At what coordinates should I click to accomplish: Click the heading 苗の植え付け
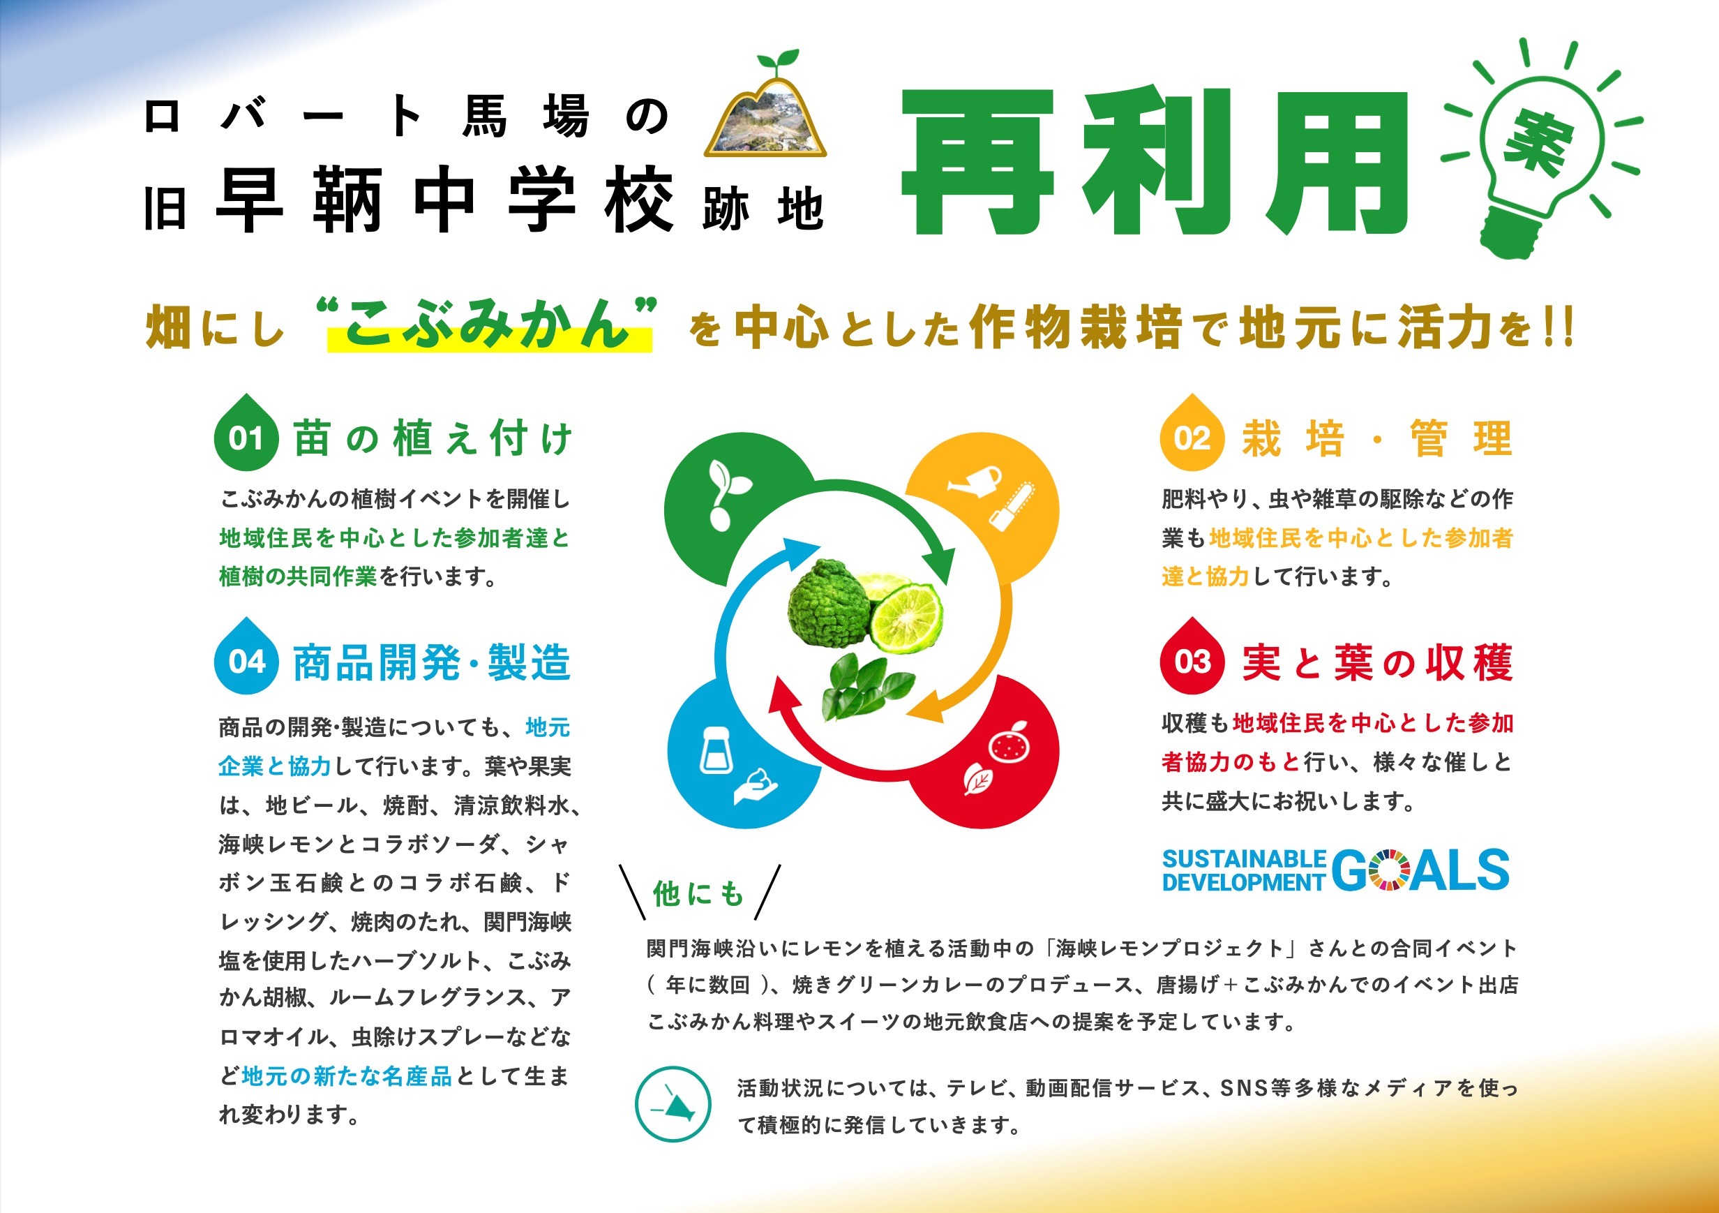(x=433, y=438)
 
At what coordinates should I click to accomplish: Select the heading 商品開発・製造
(x=432, y=662)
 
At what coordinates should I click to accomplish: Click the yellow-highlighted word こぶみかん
(x=490, y=327)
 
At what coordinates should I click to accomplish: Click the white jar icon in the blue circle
(x=714, y=750)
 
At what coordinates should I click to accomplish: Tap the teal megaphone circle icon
(x=673, y=1104)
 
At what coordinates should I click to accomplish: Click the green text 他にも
(x=698, y=893)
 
